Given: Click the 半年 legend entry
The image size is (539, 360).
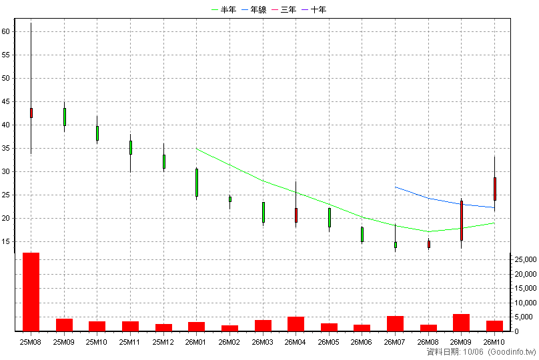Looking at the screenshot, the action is pos(223,9).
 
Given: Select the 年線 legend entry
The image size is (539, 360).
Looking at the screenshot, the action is pos(254,9).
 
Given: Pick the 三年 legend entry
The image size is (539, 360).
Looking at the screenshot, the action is pos(284,9).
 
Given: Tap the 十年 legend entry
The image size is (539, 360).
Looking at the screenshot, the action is pos(314,9).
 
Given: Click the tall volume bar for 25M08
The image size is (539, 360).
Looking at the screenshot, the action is pos(31,292).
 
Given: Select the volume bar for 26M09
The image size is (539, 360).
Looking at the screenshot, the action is pos(462,323).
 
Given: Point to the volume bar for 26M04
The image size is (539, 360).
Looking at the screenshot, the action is pos(296,324).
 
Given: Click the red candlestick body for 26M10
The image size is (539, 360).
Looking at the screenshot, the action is pos(495,189).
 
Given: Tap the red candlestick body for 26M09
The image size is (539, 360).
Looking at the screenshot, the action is pos(462,221).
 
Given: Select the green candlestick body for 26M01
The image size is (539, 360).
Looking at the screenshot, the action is pos(197,183).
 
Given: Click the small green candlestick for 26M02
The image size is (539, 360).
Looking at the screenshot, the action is pos(230,199).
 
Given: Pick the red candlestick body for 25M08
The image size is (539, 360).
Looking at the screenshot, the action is pos(31,113).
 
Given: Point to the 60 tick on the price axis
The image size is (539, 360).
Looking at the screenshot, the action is pos(5,31).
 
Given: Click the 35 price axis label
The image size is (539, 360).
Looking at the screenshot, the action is pos(5,149).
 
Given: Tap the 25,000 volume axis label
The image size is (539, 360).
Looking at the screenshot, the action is pos(525,260).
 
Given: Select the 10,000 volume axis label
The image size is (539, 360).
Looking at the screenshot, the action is pos(525,303).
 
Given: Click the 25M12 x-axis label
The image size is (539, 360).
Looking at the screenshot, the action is pos(163,342).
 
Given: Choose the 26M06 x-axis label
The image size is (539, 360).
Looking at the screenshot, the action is pos(362,342).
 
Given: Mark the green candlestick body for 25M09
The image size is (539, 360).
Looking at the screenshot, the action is pos(65,117).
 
